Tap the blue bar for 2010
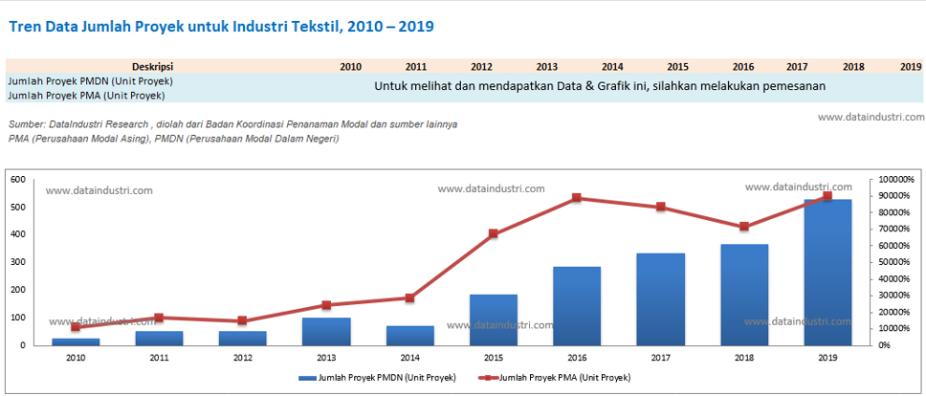pos(76,341)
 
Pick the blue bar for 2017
pos(660,298)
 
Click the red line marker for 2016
pos(577,198)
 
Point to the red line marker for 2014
pos(409,298)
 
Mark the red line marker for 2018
pos(744,227)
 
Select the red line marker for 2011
pos(159,318)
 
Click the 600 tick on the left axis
pos(17,180)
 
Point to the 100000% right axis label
pos(896,180)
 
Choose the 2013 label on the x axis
pos(326,358)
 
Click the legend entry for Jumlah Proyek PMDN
pos(377,378)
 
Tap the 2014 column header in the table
pos(612,67)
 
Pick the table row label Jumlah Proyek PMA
pos(86,95)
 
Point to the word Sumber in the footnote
pos(27,124)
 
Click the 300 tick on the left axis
pos(17,262)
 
